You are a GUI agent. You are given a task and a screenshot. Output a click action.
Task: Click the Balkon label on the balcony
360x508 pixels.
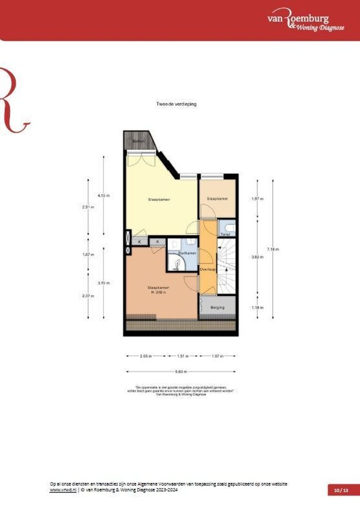point(137,141)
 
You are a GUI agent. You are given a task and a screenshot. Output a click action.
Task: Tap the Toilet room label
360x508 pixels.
point(225,234)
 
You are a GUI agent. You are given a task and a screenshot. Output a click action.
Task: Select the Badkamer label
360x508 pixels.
point(187,253)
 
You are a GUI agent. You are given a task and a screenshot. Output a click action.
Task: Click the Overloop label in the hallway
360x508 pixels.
point(207,270)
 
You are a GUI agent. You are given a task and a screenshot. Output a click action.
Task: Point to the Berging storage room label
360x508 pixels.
point(218,308)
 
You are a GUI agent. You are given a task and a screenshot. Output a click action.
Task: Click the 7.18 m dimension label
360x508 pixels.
point(273,249)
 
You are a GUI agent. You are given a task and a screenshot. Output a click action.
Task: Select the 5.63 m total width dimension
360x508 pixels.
point(181,372)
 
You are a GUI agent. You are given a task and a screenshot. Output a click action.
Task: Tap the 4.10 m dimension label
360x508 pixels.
point(103,196)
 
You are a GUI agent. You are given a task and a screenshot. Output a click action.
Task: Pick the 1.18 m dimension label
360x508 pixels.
point(258,308)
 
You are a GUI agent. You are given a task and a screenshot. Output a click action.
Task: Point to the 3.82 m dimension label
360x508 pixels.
point(258,257)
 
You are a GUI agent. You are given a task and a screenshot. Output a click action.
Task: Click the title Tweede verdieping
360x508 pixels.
point(176,104)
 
